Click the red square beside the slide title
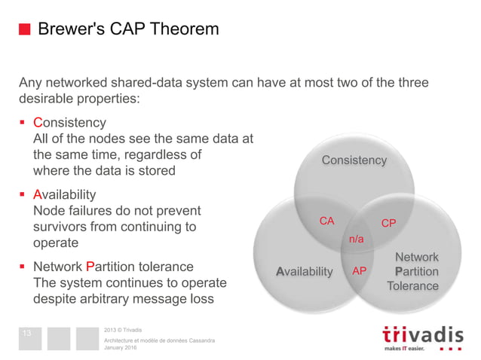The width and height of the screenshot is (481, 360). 24,29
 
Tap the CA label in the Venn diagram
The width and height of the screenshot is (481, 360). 326,221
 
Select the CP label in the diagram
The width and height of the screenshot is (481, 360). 388,224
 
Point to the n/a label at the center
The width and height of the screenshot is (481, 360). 355,239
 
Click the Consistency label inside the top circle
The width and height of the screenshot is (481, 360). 354,160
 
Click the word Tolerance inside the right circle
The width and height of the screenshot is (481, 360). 412,286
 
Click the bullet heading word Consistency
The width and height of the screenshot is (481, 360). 70,122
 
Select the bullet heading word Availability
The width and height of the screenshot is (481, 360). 65,194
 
